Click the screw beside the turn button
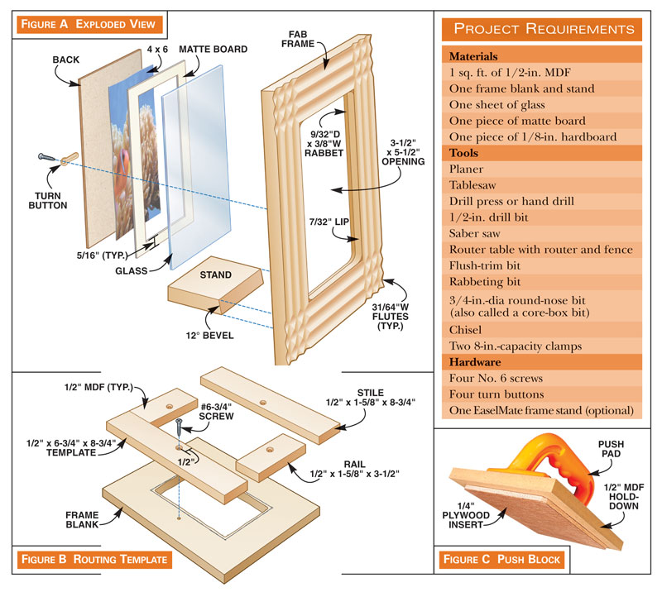point(46,156)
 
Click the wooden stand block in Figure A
point(213,293)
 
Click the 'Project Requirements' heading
point(544,29)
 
